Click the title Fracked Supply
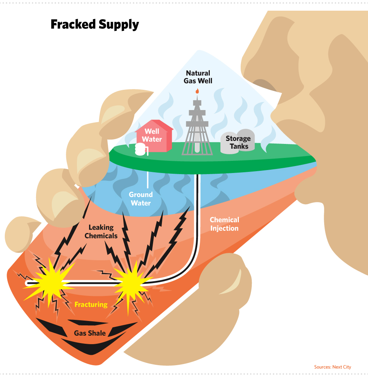click(x=95, y=25)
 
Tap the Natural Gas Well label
click(x=198, y=77)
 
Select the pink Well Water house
click(x=154, y=137)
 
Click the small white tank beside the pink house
click(x=140, y=149)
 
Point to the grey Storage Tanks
click(x=238, y=142)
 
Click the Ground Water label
click(x=140, y=199)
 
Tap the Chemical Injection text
click(x=224, y=224)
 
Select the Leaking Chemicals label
click(x=101, y=232)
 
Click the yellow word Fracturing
click(x=91, y=304)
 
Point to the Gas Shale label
click(x=89, y=333)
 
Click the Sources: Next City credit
click(x=332, y=367)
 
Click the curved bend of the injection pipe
click(x=191, y=272)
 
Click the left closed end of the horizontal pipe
click(x=27, y=283)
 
